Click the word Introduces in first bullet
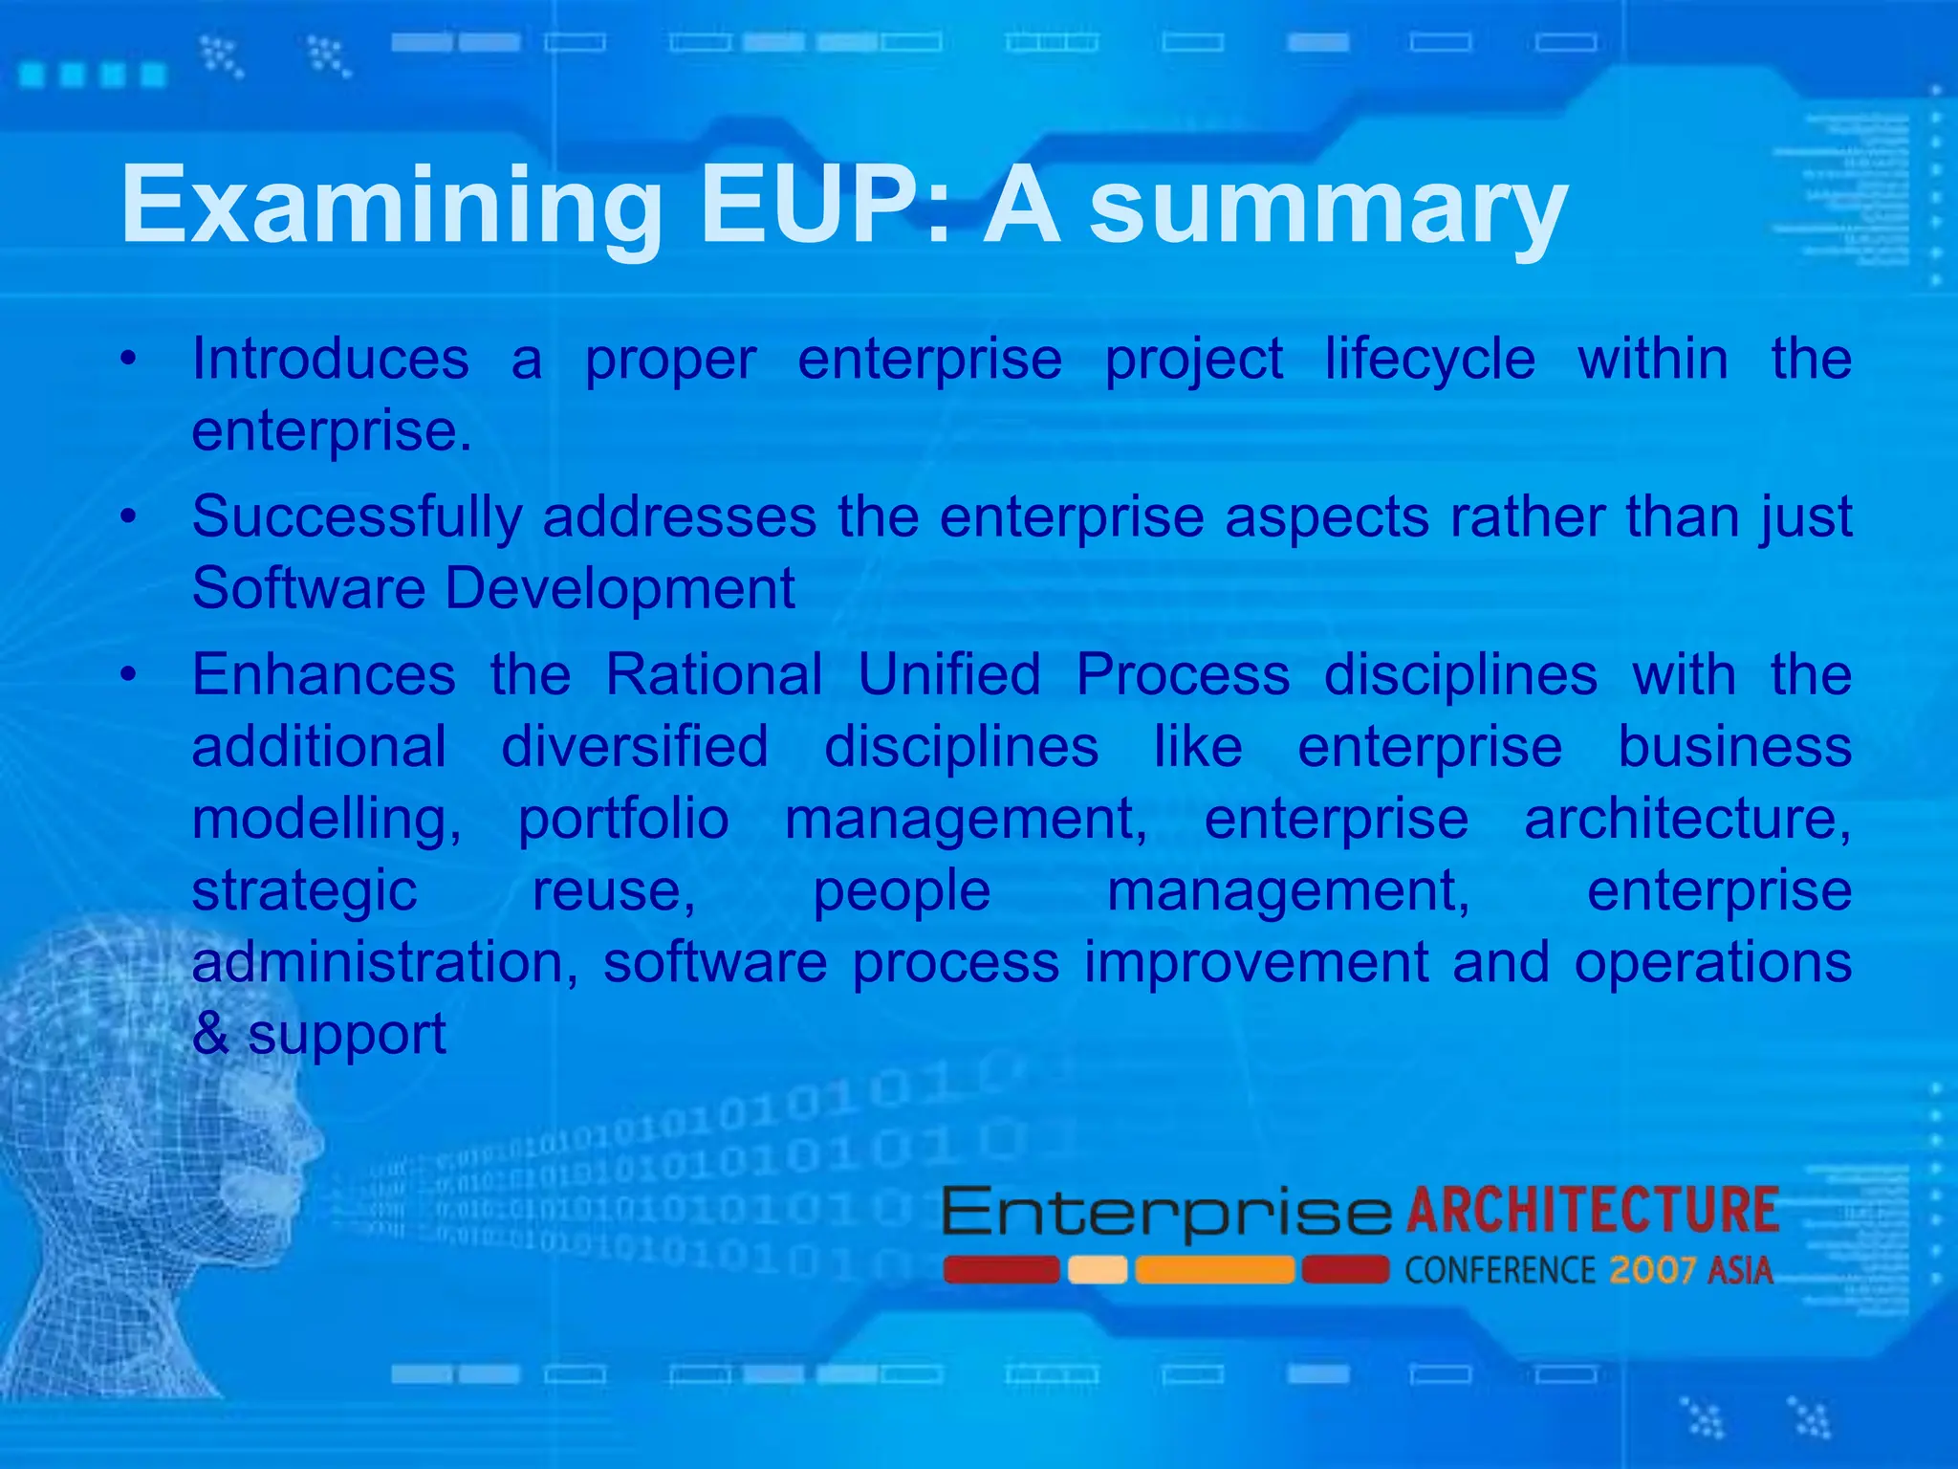click(x=330, y=359)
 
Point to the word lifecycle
click(x=1430, y=361)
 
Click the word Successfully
click(x=357, y=518)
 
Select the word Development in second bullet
click(x=620, y=587)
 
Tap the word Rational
click(x=714, y=674)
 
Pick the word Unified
click(x=948, y=674)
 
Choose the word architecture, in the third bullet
click(x=1687, y=819)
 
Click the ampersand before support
click(x=210, y=1034)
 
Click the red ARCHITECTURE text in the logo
click(x=1592, y=1210)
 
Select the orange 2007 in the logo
click(x=1652, y=1270)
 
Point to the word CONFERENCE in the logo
click(x=1499, y=1271)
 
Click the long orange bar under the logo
click(x=1214, y=1270)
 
